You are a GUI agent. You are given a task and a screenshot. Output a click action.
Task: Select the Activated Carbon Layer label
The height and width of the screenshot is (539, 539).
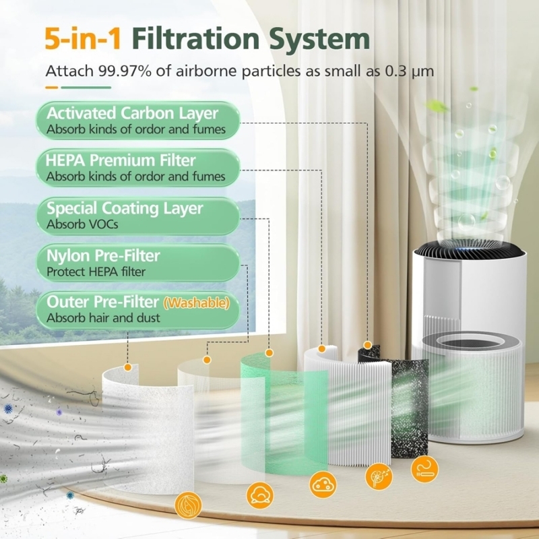132,113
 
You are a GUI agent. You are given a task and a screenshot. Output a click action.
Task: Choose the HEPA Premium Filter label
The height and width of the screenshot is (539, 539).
121,161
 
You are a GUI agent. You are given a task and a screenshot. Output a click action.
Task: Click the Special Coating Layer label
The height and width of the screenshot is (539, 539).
125,208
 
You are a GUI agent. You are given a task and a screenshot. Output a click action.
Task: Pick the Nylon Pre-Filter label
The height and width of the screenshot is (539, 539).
104,256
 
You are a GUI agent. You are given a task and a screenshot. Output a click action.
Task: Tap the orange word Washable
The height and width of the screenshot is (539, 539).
204,303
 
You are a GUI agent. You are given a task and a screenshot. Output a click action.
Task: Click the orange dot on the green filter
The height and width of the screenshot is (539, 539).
269,352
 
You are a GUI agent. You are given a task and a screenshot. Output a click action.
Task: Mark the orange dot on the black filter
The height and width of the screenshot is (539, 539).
367,344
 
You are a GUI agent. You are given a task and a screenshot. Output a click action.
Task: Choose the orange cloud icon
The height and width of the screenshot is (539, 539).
323,482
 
